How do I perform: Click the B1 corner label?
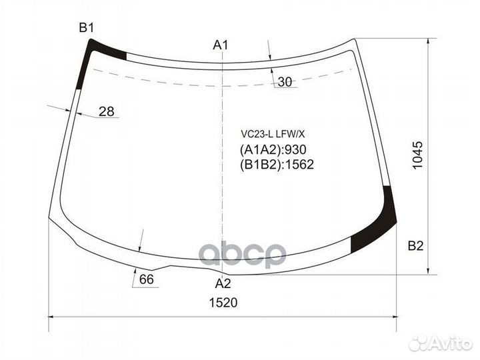coord(87,27)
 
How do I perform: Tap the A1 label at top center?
coord(221,45)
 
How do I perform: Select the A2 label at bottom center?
coord(223,283)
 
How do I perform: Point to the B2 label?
coord(415,247)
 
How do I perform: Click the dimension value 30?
coord(285,82)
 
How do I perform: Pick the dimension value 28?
coord(106,112)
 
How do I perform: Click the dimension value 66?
coord(147,279)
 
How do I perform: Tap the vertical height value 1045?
coord(417,155)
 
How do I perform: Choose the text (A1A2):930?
coord(272,150)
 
